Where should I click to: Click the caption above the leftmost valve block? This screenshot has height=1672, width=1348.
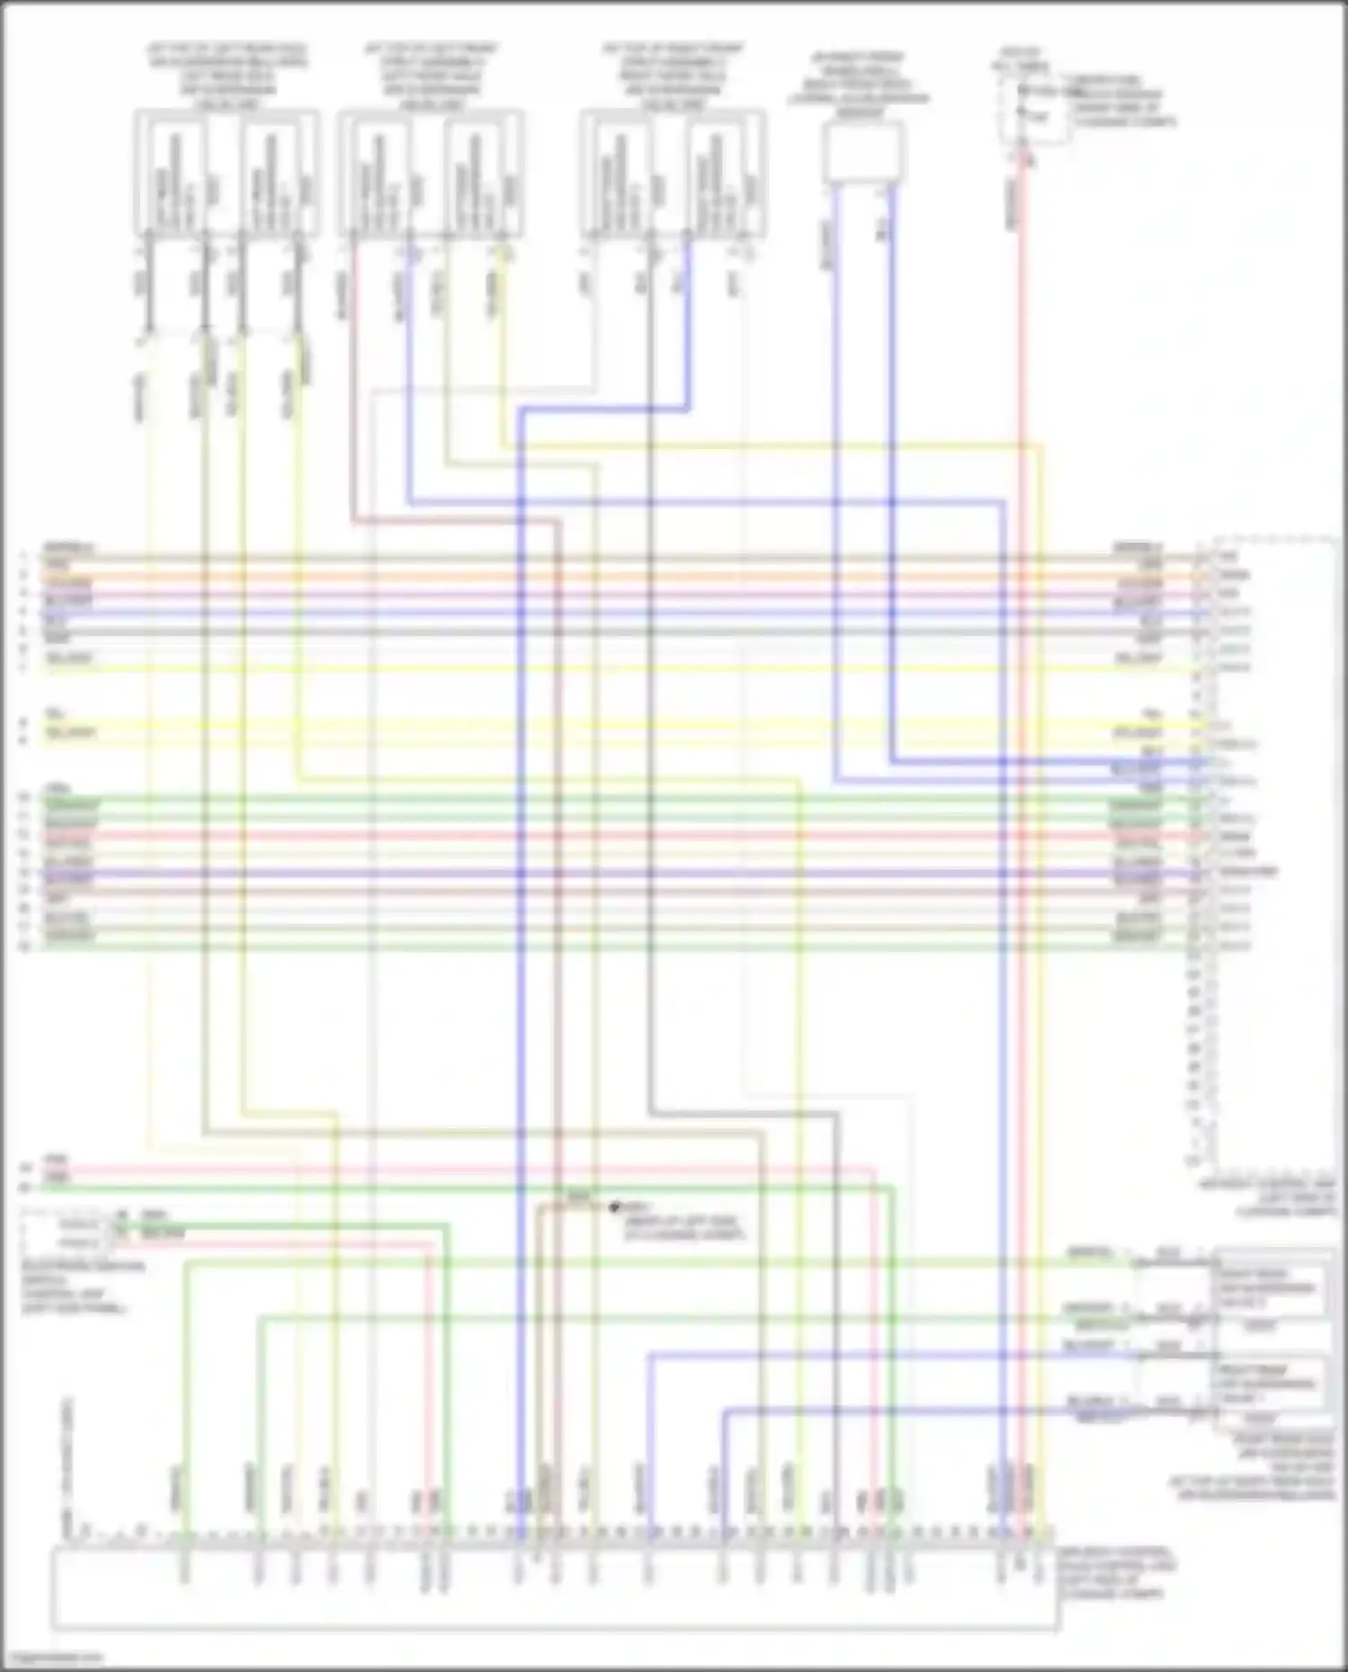pos(226,75)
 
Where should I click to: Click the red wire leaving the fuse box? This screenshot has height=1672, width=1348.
pos(1022,359)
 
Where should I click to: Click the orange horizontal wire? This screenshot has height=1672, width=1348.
pos(602,575)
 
